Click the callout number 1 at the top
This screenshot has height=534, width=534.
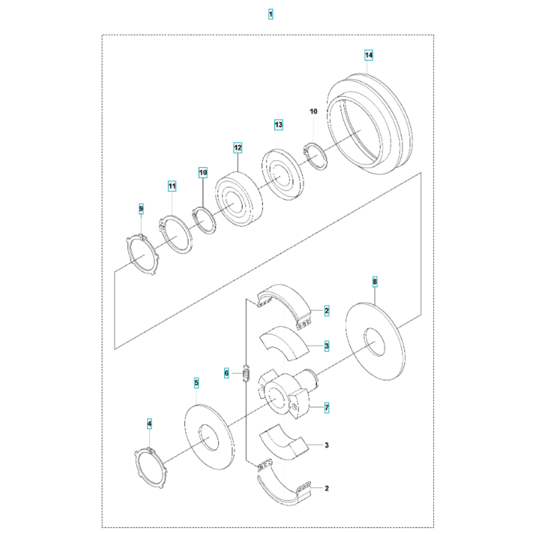tap(270, 14)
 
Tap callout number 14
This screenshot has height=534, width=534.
tap(369, 55)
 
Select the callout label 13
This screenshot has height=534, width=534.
tap(279, 124)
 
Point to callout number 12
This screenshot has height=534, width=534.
tap(238, 148)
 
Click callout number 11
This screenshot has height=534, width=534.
tap(172, 186)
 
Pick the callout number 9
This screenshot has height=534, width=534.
tap(141, 209)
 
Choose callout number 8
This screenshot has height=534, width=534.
tap(375, 281)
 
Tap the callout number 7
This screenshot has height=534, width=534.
tap(327, 407)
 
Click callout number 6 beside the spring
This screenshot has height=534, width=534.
tap(226, 373)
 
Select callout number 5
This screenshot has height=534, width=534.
tap(197, 383)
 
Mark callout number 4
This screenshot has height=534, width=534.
tap(149, 424)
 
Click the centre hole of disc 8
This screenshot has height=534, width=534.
tap(375, 342)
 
